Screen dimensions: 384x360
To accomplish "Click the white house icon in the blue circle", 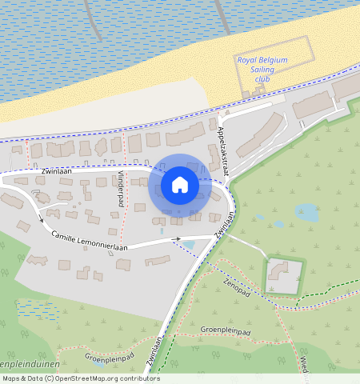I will [180, 185].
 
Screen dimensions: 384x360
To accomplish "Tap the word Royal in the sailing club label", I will [250, 60].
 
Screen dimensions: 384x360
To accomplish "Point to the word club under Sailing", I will [263, 79].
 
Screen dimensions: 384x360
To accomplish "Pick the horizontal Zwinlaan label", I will [54, 171].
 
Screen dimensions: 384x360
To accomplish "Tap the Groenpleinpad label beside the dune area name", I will [108, 359].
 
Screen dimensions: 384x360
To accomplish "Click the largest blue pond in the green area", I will [306, 212].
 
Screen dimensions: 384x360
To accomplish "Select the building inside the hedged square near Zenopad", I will [281, 271].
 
